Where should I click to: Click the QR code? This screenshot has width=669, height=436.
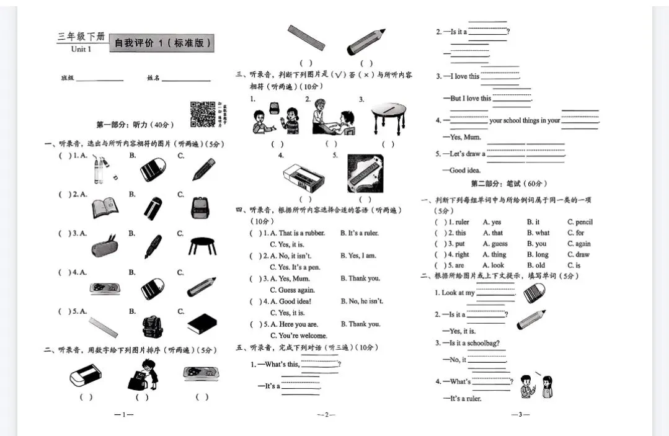[x=203, y=113]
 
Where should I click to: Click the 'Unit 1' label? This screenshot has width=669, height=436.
[x=81, y=49]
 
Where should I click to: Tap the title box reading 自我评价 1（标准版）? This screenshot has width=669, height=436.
[x=162, y=43]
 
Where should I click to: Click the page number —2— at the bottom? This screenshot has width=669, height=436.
[x=326, y=414]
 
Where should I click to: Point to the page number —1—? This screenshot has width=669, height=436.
[x=124, y=414]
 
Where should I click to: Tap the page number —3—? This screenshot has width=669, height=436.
[x=520, y=414]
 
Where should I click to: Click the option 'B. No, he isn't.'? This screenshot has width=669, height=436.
[x=362, y=301]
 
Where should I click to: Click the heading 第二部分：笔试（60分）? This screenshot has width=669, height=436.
[x=509, y=184]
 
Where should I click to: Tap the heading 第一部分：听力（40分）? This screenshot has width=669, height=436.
[x=132, y=125]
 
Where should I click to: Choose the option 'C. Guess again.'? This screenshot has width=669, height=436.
[x=293, y=290]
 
